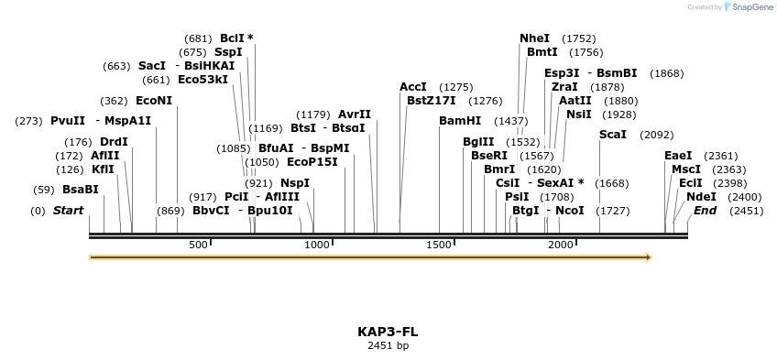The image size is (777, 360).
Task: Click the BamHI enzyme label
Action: point(460,121)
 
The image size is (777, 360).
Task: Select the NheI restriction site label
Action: point(534,38)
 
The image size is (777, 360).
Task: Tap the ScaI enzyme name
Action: point(613,135)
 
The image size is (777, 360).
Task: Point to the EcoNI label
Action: point(154,101)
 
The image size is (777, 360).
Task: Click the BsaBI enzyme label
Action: point(80,190)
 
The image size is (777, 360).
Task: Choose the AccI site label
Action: point(413,87)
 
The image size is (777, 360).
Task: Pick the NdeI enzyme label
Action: point(701,196)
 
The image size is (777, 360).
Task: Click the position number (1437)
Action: point(511,121)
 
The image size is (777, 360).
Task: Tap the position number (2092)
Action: point(656,135)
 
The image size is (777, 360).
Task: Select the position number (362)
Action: point(114,101)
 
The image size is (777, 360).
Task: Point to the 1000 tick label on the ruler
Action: point(317,245)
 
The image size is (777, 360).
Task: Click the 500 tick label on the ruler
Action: point(198,245)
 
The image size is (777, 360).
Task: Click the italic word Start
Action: point(69,211)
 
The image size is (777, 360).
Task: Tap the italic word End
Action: point(706,211)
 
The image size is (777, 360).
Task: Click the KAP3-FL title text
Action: point(388,332)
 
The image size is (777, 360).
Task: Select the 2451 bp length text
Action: point(388,345)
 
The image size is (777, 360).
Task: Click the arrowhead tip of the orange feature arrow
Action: point(651,257)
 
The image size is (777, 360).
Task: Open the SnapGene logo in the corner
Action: point(749,7)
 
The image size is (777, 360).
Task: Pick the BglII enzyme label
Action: point(478,142)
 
